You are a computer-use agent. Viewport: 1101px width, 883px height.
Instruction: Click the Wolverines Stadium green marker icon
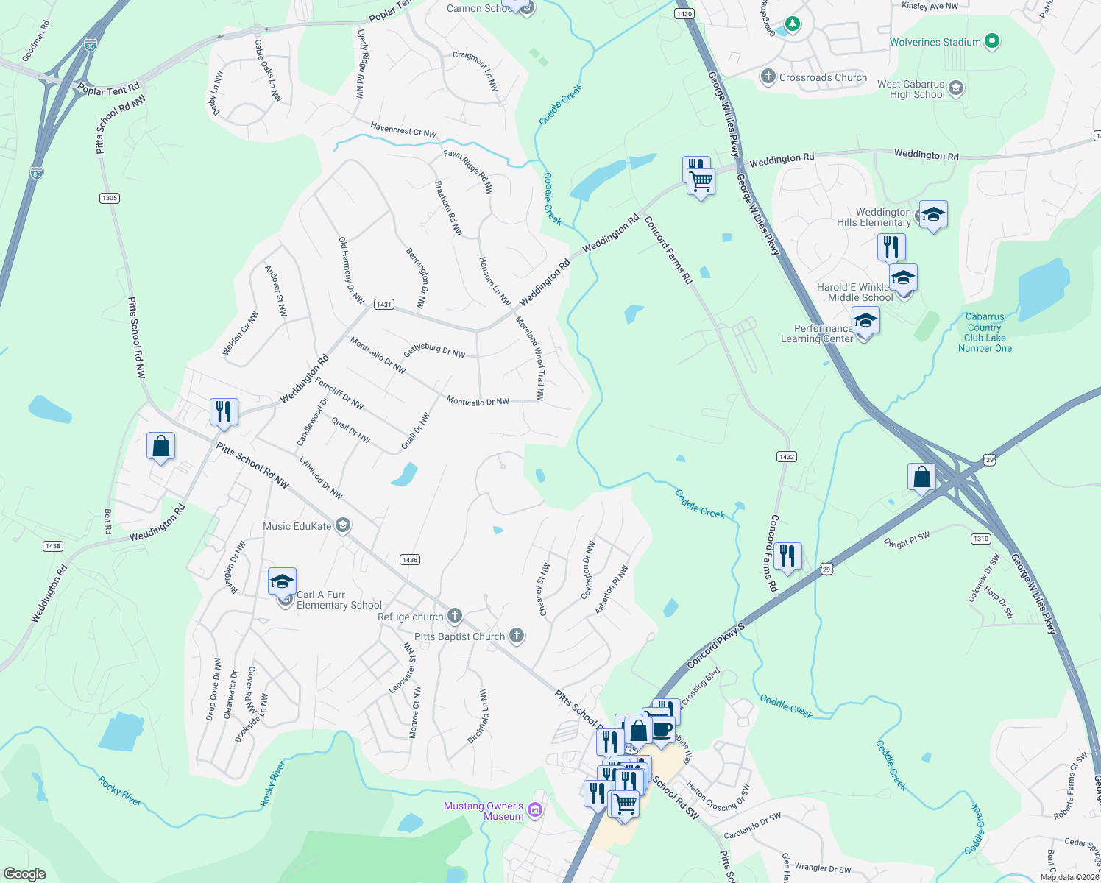[992, 42]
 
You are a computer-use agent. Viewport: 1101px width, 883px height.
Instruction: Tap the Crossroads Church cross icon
[768, 77]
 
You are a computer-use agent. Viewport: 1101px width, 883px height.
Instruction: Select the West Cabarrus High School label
[911, 89]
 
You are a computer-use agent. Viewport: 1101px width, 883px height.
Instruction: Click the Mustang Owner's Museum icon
[535, 810]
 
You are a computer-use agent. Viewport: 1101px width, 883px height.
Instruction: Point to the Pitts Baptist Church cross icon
[517, 636]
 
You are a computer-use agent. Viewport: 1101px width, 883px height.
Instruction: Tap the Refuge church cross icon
[455, 616]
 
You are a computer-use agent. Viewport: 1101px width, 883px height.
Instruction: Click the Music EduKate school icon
[342, 525]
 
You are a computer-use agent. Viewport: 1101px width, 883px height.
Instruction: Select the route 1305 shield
[110, 198]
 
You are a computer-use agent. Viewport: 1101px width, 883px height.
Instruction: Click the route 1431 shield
[383, 304]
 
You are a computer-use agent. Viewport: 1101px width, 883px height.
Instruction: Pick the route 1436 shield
[410, 560]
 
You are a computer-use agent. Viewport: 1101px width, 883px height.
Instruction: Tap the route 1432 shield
[786, 457]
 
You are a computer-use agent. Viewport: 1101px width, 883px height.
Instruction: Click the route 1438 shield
[53, 546]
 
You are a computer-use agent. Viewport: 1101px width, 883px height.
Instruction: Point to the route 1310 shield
[981, 539]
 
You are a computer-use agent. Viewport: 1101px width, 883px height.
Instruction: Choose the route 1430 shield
[684, 14]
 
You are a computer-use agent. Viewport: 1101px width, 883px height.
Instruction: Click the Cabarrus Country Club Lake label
[985, 333]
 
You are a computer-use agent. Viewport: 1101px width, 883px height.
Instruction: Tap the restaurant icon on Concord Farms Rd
[787, 556]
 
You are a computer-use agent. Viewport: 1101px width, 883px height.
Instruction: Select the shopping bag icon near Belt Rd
[160, 446]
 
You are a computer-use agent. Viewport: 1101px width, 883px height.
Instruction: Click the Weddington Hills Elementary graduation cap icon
[932, 215]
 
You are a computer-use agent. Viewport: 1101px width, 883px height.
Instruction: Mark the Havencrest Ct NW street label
[403, 130]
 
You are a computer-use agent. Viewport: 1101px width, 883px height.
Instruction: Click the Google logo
[24, 874]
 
